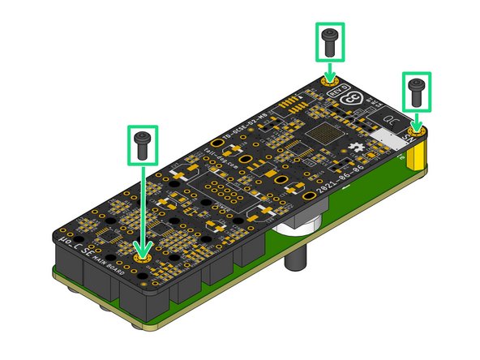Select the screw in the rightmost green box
pyautogui.click(x=416, y=91)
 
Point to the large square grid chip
pyautogui.click(x=324, y=134)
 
